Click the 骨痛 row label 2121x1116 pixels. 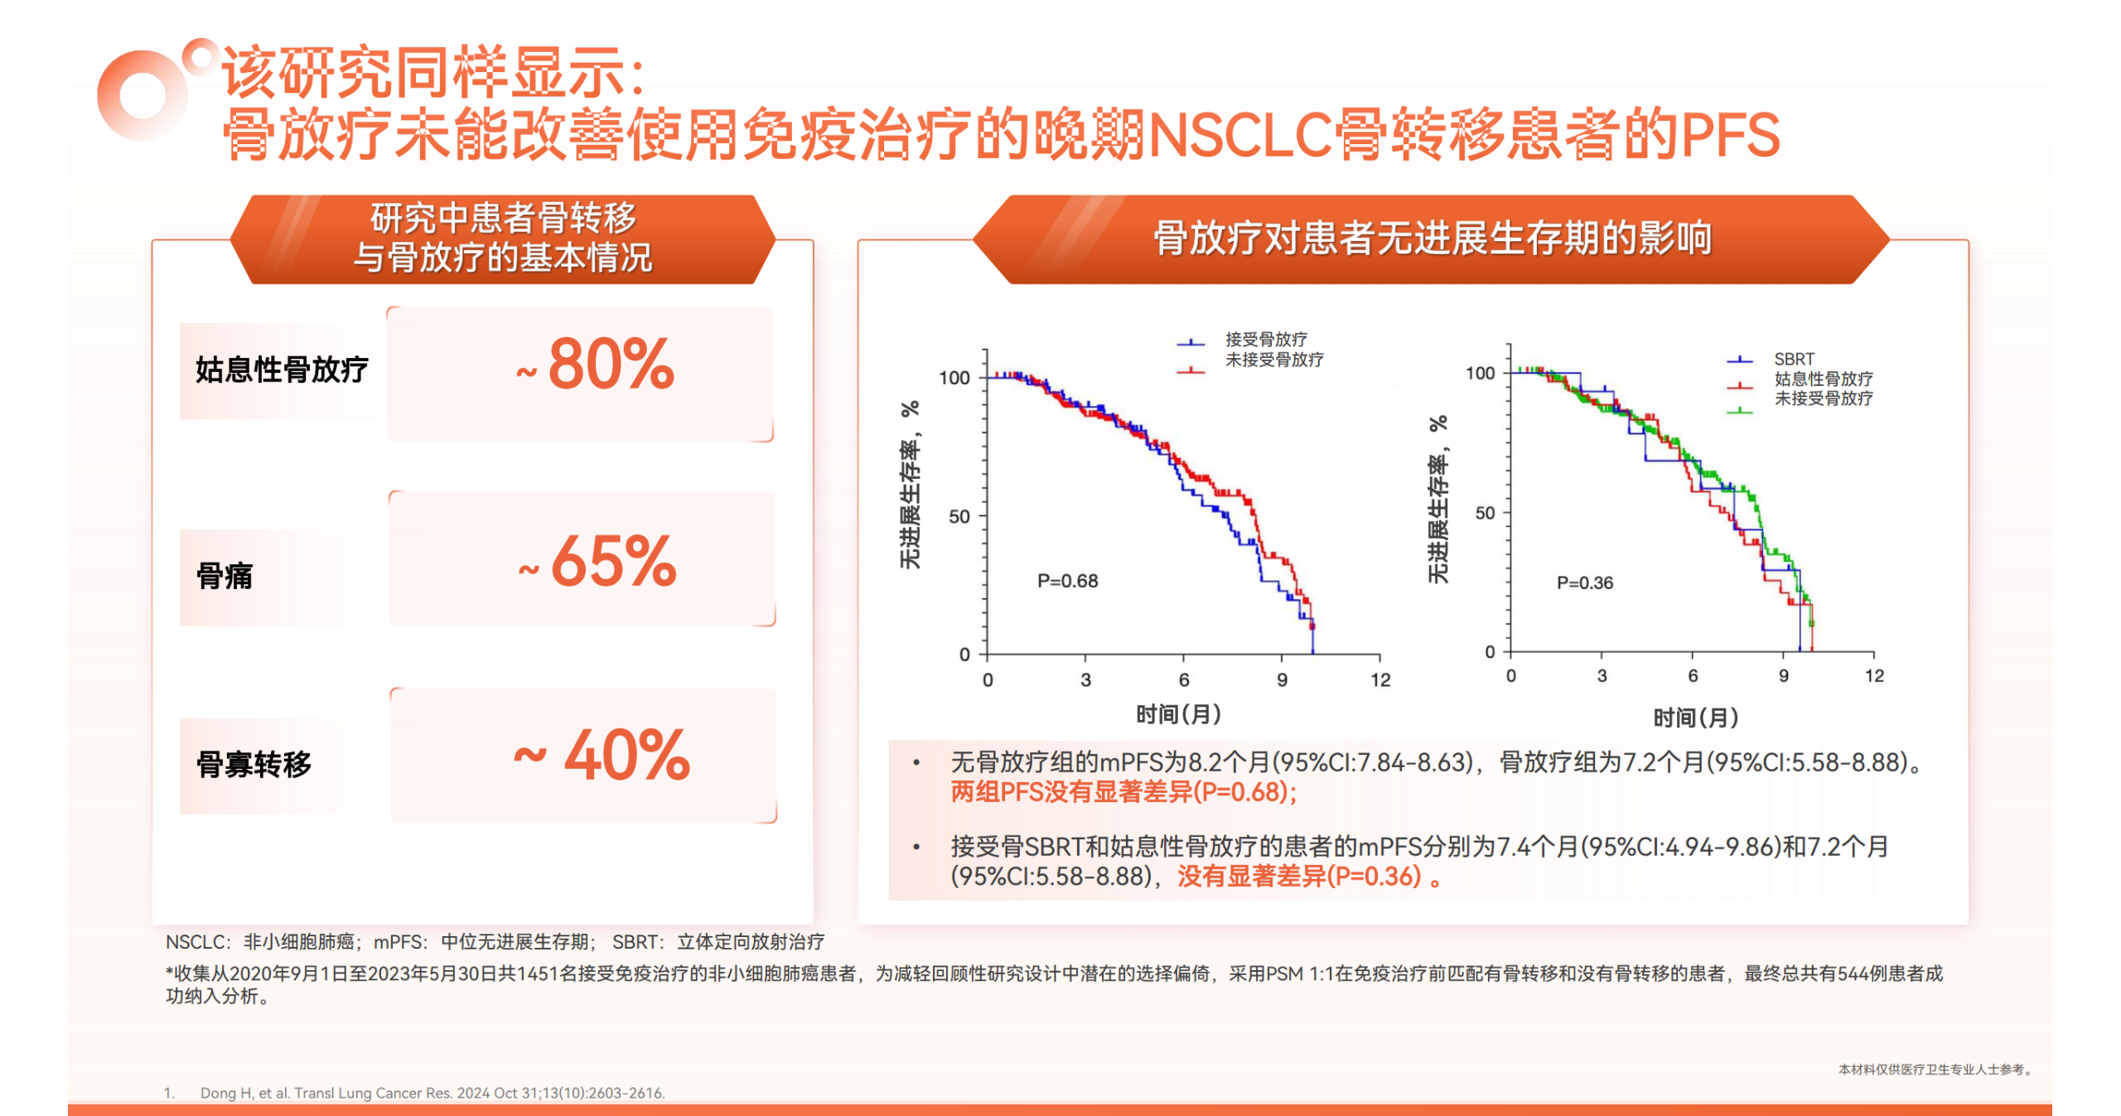coord(225,576)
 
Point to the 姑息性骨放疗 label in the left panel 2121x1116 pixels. coord(282,370)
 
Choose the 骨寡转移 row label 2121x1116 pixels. coord(254,764)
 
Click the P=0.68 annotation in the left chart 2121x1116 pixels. coord(1067,581)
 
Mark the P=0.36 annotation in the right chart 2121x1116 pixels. coord(1584,582)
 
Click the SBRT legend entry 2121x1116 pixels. coord(1794,359)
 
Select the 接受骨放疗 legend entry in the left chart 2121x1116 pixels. coord(1266,339)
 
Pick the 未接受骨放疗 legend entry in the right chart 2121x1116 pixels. coord(1823,399)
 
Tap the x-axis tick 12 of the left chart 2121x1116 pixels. coord(1379,680)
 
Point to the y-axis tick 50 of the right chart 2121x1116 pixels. coord(1485,513)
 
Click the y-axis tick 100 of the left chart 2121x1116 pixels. coord(954,378)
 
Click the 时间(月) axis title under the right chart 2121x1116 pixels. coord(1695,717)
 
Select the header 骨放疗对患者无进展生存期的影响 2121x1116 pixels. coord(1433,239)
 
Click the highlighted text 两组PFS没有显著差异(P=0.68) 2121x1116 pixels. coord(1123,792)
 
